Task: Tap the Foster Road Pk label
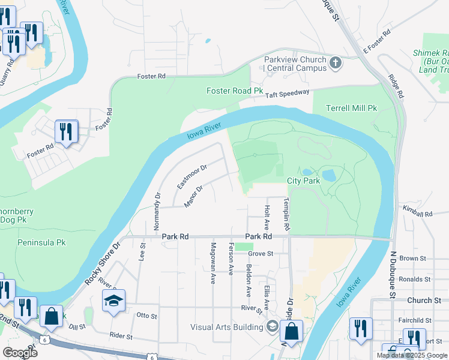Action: [x=235, y=91]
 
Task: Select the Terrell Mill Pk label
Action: [x=351, y=109]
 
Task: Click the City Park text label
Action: [x=303, y=181]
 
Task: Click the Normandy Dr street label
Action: [x=157, y=212]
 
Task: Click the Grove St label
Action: [x=261, y=254]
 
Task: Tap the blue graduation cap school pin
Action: [x=113, y=301]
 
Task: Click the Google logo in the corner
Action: [x=19, y=352]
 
